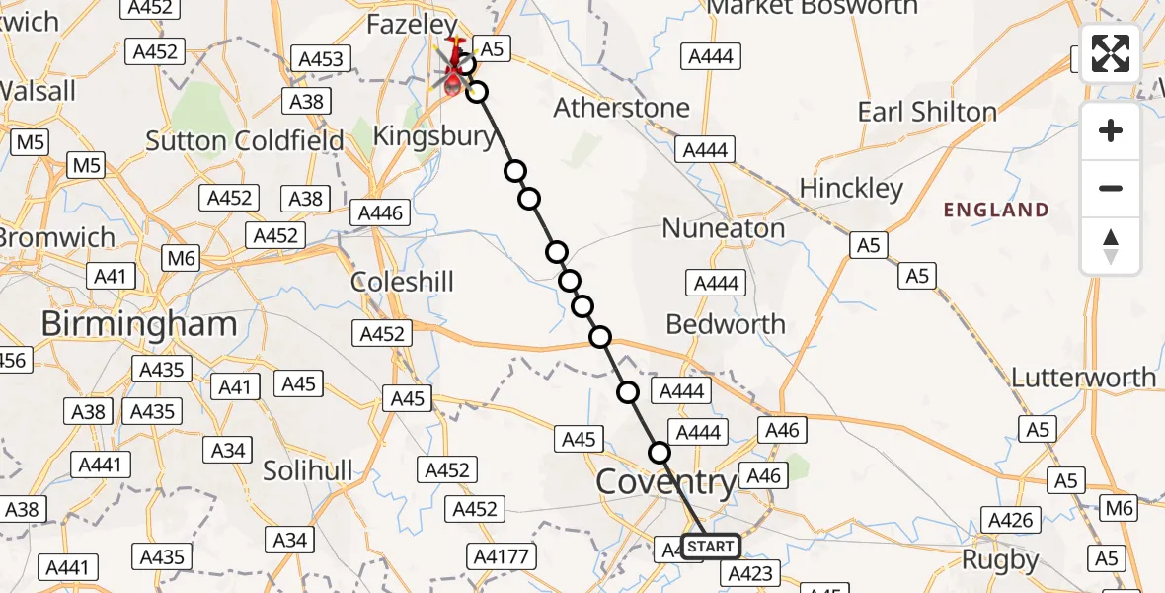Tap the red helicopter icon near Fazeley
click(x=455, y=67)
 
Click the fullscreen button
click(x=1111, y=53)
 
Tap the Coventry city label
click(x=666, y=483)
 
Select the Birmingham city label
click(x=138, y=324)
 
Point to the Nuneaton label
click(x=724, y=228)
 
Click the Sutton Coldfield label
click(x=245, y=140)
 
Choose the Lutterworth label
click(x=1083, y=378)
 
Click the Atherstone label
click(x=622, y=107)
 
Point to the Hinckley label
click(x=851, y=188)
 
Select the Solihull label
click(x=307, y=471)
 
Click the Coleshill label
click(x=402, y=282)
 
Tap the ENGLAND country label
click(x=996, y=210)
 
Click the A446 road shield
click(x=380, y=212)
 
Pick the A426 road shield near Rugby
click(x=1011, y=520)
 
